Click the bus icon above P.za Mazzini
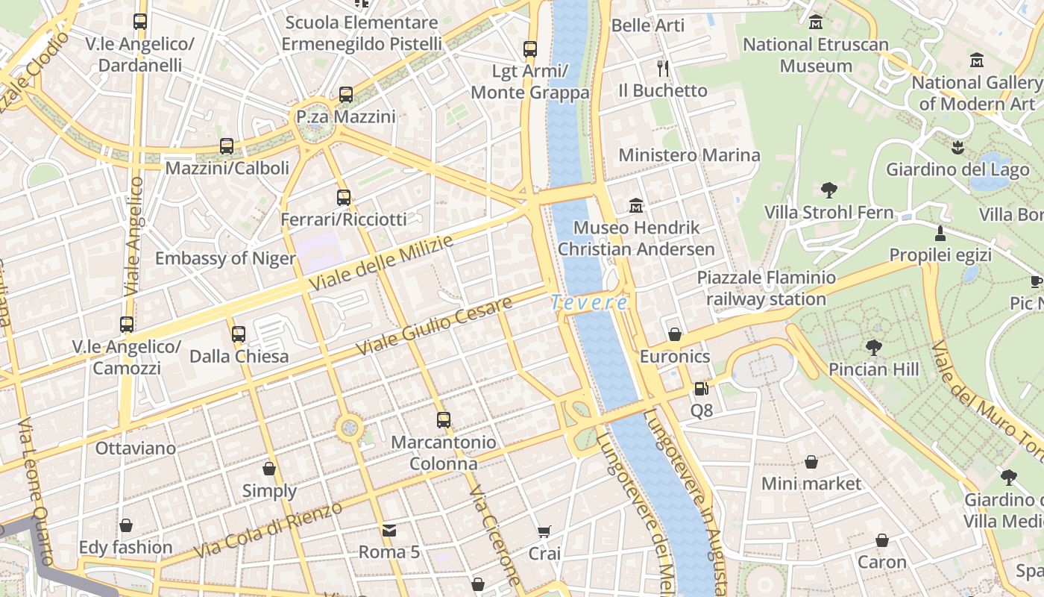point(345,95)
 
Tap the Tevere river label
point(589,303)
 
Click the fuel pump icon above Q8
point(701,388)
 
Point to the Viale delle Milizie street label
point(380,264)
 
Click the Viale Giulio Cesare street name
point(434,326)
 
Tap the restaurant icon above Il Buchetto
point(663,69)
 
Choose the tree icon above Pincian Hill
point(873,347)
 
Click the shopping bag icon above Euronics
point(675,334)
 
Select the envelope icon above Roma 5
point(389,531)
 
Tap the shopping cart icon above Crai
point(544,532)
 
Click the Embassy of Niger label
point(225,259)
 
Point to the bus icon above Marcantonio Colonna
point(444,420)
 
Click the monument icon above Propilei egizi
point(940,234)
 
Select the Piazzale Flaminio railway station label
point(767,289)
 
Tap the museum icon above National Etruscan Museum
point(816,22)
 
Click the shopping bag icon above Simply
point(269,469)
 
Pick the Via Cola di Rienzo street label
point(268,529)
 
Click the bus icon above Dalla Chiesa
point(239,334)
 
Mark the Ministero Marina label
point(689,155)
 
